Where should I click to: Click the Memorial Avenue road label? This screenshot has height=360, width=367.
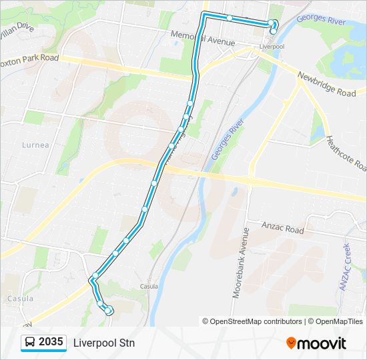click(x=203, y=38)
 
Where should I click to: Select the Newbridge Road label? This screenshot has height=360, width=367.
click(x=326, y=85)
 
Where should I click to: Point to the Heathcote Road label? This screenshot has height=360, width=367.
click(x=346, y=152)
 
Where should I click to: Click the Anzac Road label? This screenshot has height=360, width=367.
click(x=282, y=229)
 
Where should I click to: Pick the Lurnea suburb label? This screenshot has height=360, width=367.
click(x=35, y=145)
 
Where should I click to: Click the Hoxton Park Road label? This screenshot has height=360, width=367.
click(x=30, y=58)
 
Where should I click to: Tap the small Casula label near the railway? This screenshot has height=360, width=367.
click(x=149, y=287)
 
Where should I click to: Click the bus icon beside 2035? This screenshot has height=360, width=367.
click(x=30, y=343)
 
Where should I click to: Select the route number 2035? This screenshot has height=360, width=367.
click(x=51, y=343)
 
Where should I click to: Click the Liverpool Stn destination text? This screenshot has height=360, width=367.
click(x=104, y=343)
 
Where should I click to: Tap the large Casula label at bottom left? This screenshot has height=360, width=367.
click(x=20, y=299)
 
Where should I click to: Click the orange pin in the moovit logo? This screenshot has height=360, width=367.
click(x=291, y=343)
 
